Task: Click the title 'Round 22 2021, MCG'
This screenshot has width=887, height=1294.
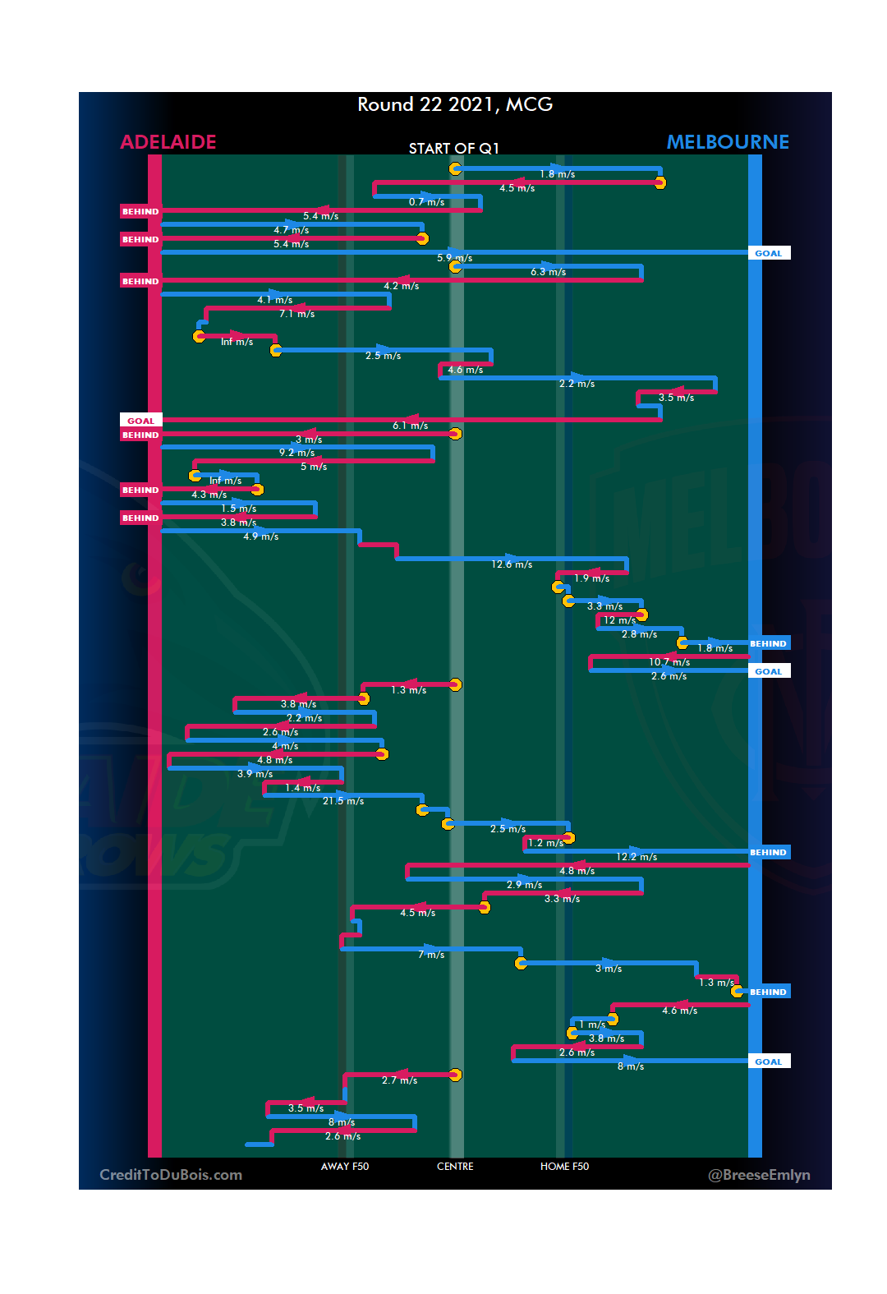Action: pos(455,104)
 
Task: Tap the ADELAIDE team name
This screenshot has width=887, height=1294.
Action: pos(168,142)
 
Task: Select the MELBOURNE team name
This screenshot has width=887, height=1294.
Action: pos(728,142)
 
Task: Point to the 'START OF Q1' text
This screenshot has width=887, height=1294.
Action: pos(454,148)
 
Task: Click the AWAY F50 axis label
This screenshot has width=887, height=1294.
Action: pos(345,1167)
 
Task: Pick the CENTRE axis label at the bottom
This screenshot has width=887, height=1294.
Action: pos(455,1167)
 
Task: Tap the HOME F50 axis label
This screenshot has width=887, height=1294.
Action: pos(564,1167)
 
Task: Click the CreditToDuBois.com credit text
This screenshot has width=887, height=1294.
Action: pos(171,1175)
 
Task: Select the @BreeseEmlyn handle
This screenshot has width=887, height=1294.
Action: pos(759,1175)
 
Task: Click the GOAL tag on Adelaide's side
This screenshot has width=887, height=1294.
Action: pos(140,421)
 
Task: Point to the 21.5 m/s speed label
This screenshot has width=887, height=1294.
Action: pos(343,801)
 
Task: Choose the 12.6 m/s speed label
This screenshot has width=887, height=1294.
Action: pos(512,564)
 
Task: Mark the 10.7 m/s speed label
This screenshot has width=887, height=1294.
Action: pos(669,662)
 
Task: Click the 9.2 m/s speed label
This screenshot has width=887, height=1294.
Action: pos(296,453)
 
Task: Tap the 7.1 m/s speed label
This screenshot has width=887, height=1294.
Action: pos(296,314)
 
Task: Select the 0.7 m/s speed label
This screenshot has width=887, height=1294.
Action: pos(426,202)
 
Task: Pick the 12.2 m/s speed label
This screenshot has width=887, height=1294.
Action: pos(637,857)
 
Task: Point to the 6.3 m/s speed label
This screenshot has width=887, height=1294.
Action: pos(548,272)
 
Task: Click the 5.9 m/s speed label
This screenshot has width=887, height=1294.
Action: pos(454,258)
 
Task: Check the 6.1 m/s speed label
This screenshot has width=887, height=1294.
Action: pos(410,426)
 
